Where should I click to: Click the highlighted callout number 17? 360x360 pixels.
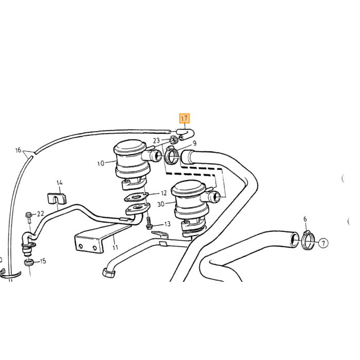[x=184, y=118]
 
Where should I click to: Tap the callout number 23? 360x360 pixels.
[x=156, y=140]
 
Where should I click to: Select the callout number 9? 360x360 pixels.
[x=195, y=143]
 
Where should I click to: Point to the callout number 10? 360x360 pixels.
[x=101, y=164]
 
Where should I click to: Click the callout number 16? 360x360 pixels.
[x=19, y=150]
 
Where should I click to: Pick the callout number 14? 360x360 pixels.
[x=60, y=183]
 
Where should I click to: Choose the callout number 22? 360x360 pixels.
[x=41, y=214]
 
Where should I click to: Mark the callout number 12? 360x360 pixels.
[x=164, y=193]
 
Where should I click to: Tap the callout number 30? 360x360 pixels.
[x=161, y=204]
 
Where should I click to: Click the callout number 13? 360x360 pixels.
[x=167, y=224]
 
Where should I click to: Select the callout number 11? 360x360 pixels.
[x=115, y=247]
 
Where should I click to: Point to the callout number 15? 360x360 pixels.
[x=43, y=261]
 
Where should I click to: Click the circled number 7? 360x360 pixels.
[x=323, y=243]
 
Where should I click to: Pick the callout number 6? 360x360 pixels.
[x=305, y=219]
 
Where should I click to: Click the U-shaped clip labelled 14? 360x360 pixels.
[x=57, y=199]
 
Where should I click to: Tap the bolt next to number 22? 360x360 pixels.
[x=28, y=218]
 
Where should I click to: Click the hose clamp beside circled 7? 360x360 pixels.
[x=308, y=241]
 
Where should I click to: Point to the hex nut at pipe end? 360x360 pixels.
[x=108, y=273]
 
